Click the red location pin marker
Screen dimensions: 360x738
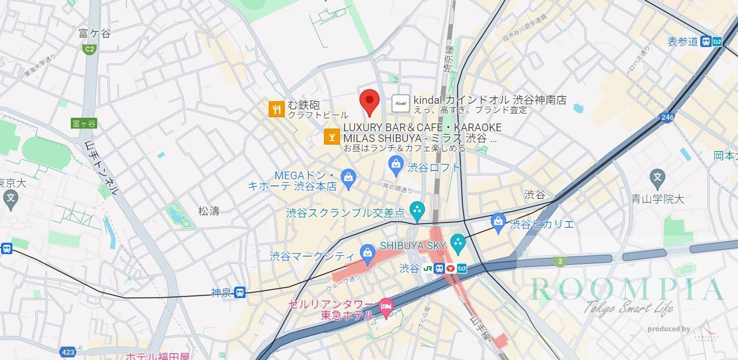click(370, 101)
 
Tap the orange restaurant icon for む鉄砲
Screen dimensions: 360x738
click(277, 109)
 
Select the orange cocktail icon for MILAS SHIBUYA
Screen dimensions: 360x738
click(331, 136)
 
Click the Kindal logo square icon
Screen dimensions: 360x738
click(401, 103)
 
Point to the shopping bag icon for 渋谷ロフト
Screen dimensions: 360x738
click(396, 165)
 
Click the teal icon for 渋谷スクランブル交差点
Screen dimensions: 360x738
click(416, 210)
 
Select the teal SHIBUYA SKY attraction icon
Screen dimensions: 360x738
click(458, 242)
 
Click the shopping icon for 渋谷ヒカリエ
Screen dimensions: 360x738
click(498, 221)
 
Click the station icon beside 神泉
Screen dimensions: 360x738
click(239, 293)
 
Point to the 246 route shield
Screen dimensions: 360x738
click(667, 118)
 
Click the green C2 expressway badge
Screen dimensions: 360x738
click(89, 49)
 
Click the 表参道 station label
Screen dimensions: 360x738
click(683, 42)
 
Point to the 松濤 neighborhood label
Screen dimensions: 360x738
click(209, 211)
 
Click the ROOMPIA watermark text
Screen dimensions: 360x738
click(627, 290)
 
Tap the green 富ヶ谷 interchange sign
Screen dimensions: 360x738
click(84, 123)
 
